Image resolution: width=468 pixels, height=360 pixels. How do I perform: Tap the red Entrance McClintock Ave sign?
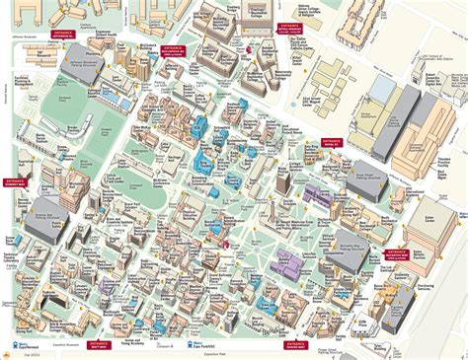[172, 49]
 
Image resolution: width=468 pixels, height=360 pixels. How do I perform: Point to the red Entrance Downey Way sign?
[16, 181]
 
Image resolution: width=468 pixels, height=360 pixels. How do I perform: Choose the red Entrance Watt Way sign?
[99, 344]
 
